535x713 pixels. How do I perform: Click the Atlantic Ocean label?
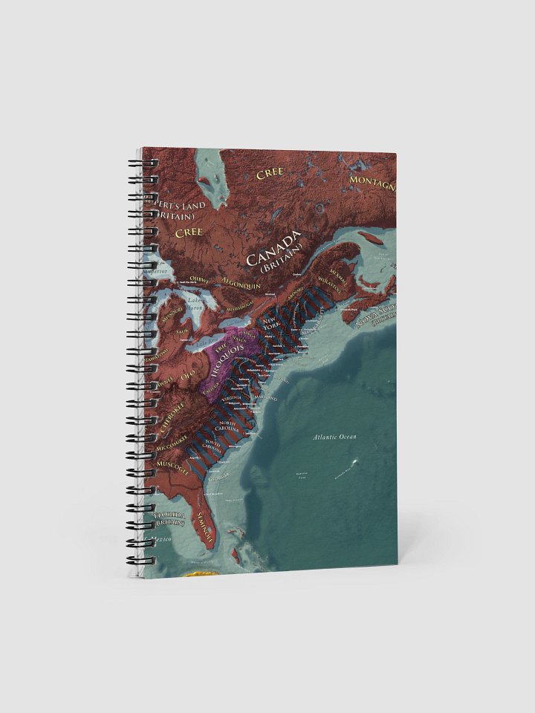pyautogui.click(x=334, y=437)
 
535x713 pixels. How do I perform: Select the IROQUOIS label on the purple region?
pyautogui.click(x=232, y=354)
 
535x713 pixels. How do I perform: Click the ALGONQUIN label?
pyautogui.click(x=241, y=280)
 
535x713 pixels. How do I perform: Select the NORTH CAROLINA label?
pyautogui.click(x=228, y=426)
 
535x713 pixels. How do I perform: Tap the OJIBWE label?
pyautogui.click(x=200, y=279)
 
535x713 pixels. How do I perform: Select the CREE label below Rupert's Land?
pyautogui.click(x=188, y=232)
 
